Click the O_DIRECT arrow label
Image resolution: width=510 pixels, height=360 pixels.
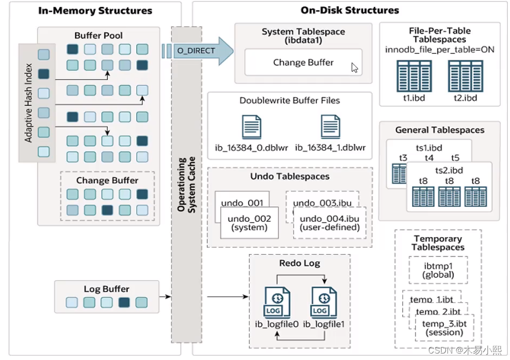pos(196,51)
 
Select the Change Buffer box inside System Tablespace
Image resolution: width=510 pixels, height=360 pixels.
pos(303,63)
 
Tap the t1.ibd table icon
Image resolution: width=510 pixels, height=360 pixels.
pos(410,75)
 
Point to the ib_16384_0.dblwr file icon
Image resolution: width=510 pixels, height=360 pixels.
pos(251,127)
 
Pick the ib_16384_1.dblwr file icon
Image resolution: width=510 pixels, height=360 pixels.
pos(330,127)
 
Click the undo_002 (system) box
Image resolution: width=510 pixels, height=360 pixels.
pos(249,223)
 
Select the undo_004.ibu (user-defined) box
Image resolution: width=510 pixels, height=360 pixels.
pos(329,223)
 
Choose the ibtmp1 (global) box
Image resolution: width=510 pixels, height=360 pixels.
pos(438,269)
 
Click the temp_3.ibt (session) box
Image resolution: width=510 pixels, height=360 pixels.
pos(444,328)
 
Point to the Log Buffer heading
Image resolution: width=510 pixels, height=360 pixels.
pos(107,289)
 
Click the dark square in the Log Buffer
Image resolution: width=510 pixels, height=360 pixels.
pos(124,302)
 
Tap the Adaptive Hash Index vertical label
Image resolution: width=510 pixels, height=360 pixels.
pos(29,103)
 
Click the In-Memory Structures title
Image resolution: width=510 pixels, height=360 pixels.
pos(95,10)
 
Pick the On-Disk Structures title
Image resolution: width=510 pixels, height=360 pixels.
pos(350,10)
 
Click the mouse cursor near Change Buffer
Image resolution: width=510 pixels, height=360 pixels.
pos(354,67)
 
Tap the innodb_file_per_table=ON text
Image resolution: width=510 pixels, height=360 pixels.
pos(439,50)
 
